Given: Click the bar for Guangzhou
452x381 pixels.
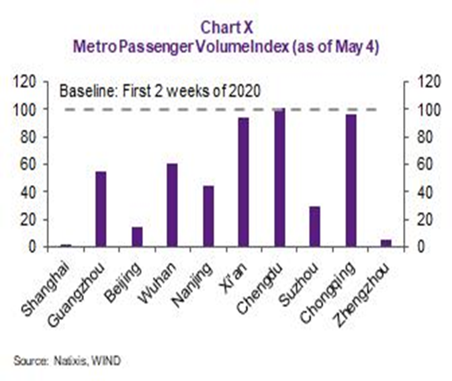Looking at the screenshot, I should (x=101, y=209).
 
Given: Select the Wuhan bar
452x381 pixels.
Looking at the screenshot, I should (x=173, y=205).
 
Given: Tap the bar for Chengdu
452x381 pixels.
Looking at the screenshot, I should (x=279, y=178).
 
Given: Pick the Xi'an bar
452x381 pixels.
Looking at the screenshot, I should (x=243, y=182).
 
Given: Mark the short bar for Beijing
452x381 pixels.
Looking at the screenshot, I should (x=137, y=237).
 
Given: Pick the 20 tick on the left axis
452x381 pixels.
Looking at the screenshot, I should (x=30, y=219).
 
